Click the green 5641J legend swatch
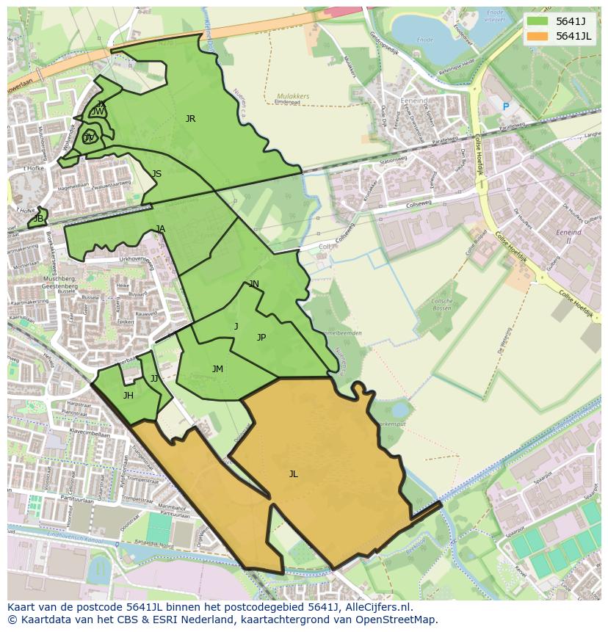[538, 21]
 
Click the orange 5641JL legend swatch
[538, 36]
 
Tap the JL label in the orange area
[293, 474]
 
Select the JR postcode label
[190, 119]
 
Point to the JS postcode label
[156, 174]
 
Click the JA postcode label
[160, 229]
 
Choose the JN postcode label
[254, 284]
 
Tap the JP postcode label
[261, 338]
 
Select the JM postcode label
[217, 369]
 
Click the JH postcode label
[128, 396]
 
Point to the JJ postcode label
[154, 379]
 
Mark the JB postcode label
[38, 219]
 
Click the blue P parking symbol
[505, 107]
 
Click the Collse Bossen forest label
[442, 304]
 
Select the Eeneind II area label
[568, 236]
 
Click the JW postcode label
[98, 112]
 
